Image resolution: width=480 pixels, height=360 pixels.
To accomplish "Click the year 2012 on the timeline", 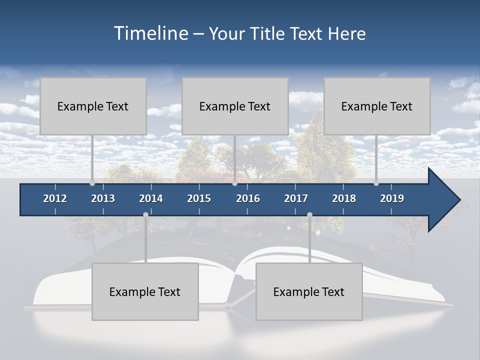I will [x=55, y=198].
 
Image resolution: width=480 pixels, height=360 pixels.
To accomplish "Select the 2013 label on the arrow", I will [x=103, y=198].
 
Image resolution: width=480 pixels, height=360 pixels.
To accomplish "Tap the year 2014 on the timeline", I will [x=151, y=198].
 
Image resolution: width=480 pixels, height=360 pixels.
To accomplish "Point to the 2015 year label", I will [x=199, y=198].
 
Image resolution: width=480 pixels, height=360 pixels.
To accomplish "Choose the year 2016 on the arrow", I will [x=248, y=198].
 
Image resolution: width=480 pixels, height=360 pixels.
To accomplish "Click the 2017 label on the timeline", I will [x=296, y=198].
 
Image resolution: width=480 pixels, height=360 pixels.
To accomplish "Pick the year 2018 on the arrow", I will [x=344, y=198].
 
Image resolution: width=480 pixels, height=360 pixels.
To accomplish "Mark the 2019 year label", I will [x=392, y=198].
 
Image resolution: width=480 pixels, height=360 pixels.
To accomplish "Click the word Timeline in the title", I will [x=150, y=33].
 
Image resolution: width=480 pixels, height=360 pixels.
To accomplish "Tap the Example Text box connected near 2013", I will [x=93, y=106].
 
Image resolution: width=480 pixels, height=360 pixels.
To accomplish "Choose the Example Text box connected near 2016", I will [x=235, y=106].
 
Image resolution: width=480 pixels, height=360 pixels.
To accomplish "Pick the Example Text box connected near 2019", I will [x=377, y=106].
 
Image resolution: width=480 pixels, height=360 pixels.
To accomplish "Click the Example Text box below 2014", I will [x=145, y=291].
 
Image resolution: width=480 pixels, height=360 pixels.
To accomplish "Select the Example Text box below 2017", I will [x=309, y=291].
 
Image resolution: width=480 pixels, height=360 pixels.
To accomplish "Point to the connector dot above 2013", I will [x=92, y=183].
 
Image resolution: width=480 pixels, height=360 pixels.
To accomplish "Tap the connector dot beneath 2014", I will [x=145, y=215].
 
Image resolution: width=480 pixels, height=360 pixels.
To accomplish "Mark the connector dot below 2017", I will [x=309, y=215].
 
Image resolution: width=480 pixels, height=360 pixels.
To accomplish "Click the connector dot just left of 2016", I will [x=235, y=183].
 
